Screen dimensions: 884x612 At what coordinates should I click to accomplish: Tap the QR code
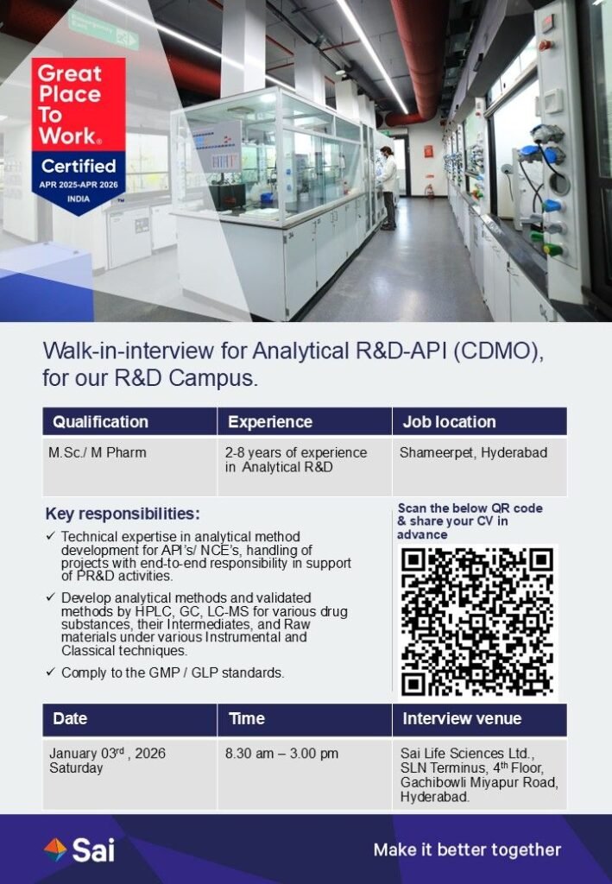pos(477,622)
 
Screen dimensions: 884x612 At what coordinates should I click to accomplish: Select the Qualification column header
pos(100,422)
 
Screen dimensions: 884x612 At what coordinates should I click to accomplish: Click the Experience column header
pos(270,422)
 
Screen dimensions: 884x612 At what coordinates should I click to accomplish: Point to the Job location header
pos(449,422)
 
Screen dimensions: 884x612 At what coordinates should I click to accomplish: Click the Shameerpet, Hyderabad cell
pos(473,453)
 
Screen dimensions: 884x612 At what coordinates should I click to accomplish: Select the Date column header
pos(70,718)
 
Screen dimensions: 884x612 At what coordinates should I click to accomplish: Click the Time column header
pos(247,718)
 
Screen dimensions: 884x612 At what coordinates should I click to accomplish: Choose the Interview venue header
pos(462,718)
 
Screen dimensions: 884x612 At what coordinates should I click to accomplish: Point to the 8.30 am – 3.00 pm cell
pos(281,754)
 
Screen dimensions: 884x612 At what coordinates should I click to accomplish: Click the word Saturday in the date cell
pos(76,768)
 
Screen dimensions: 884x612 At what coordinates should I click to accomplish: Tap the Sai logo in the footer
pos(79,850)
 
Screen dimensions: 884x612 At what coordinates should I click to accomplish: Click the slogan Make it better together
pos(467,850)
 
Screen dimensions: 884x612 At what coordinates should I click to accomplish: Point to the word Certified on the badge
pos(79,166)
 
